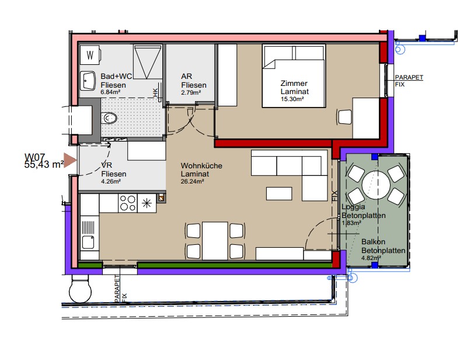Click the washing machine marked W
[x=90, y=55]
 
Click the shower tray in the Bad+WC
[x=147, y=62]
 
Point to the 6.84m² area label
[x=110, y=92]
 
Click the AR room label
[x=186, y=77]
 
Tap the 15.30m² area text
[x=293, y=99]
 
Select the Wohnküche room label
[x=201, y=165]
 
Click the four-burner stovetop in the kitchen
[x=128, y=203]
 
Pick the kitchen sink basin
[x=88, y=242]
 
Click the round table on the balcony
[x=376, y=185]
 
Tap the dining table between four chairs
[x=215, y=241]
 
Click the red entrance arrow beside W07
[x=71, y=161]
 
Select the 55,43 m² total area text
[x=44, y=165]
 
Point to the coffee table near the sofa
[x=279, y=193]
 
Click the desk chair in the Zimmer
[x=344, y=117]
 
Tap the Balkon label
[x=373, y=242]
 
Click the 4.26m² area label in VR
[x=111, y=181]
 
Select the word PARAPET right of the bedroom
[x=409, y=77]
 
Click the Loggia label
[x=353, y=207]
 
